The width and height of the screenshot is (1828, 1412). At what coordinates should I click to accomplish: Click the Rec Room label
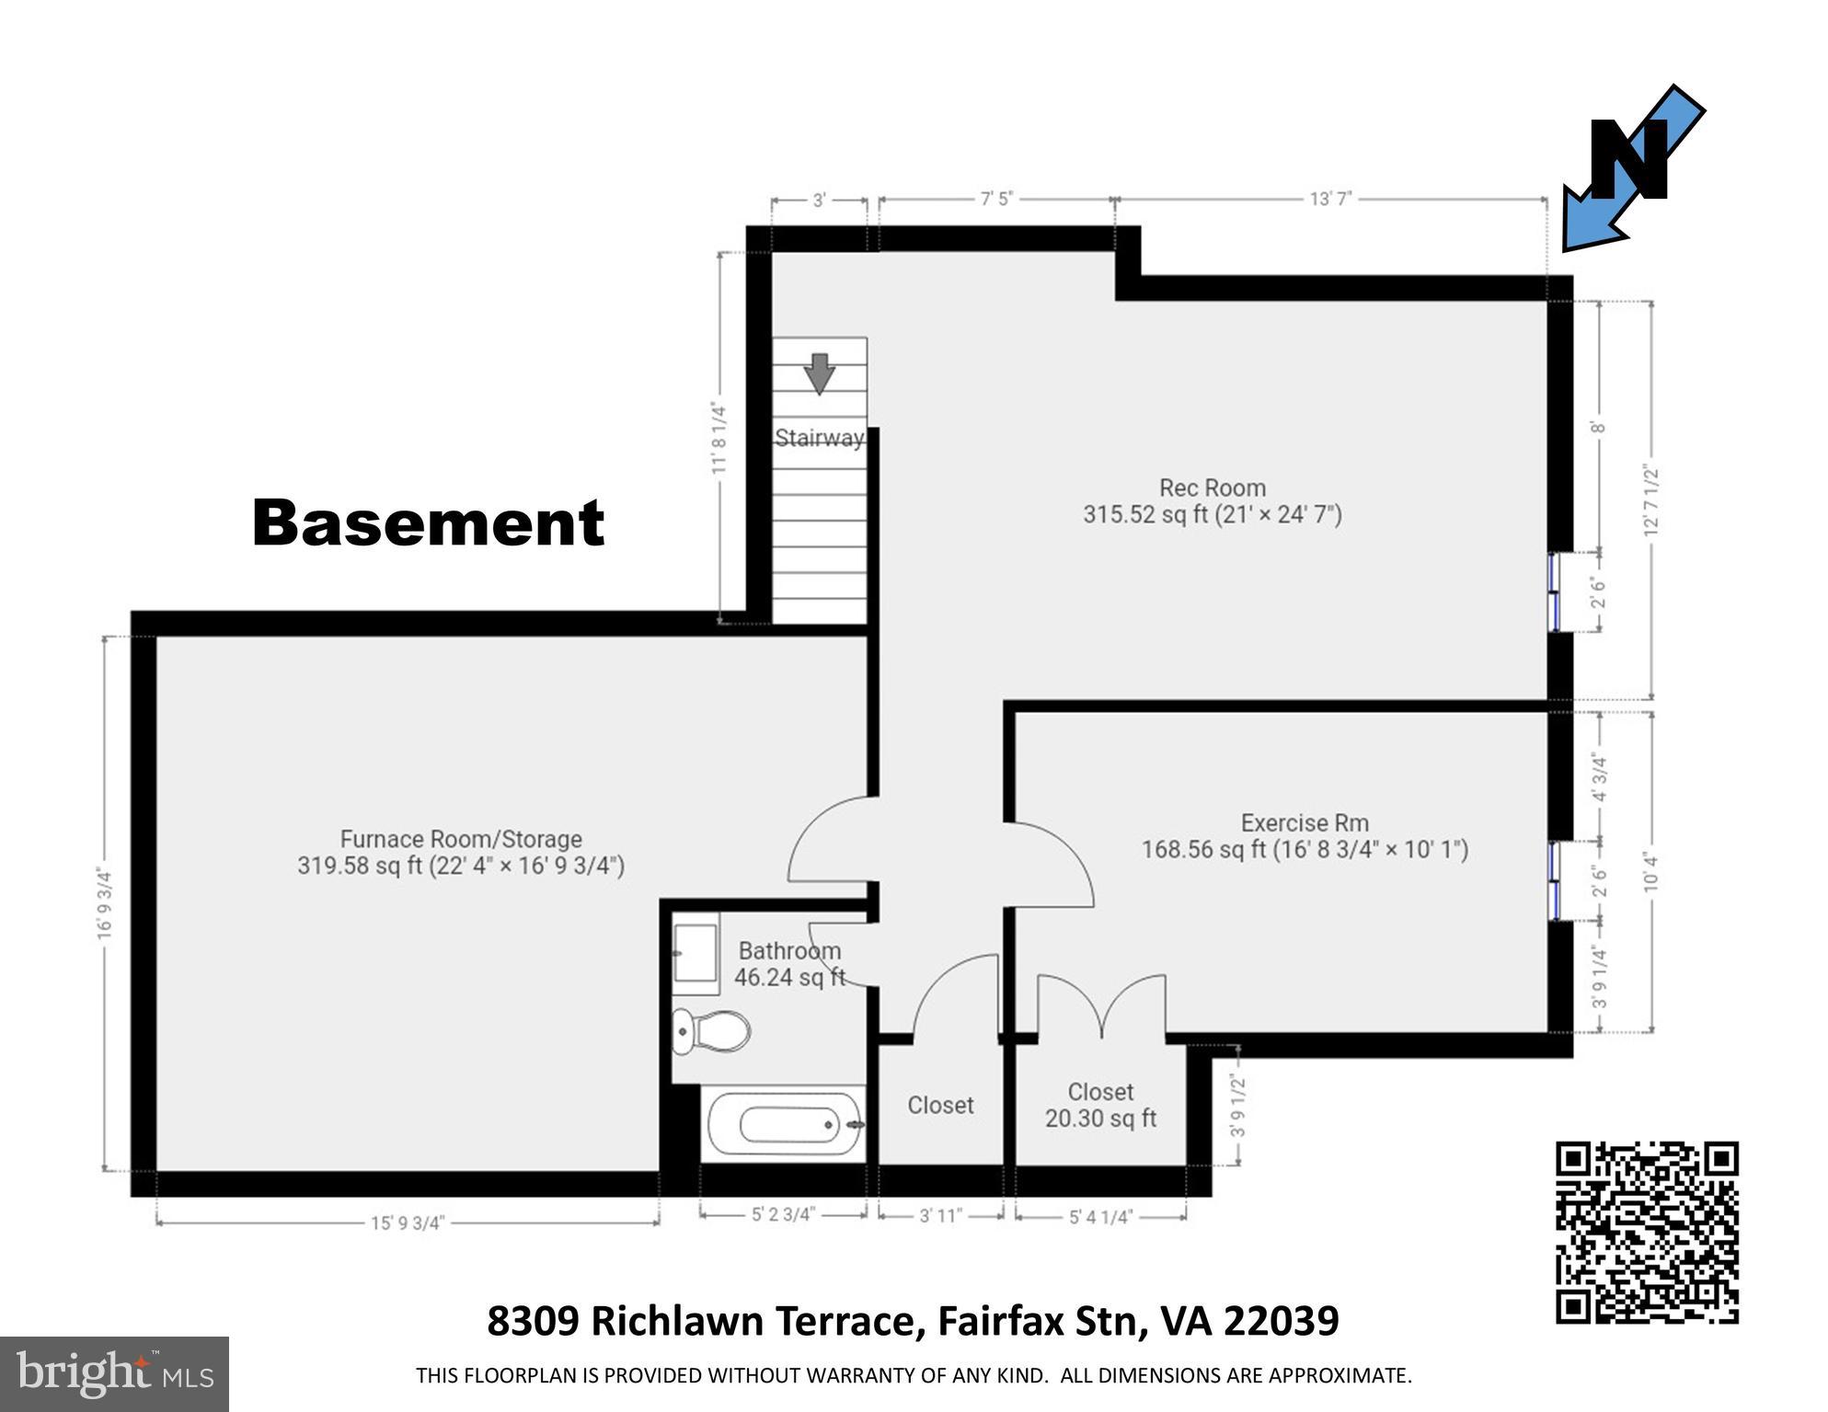(1212, 488)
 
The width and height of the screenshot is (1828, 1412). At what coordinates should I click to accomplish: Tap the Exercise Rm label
(1304, 822)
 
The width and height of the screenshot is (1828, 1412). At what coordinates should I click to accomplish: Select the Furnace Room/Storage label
(461, 839)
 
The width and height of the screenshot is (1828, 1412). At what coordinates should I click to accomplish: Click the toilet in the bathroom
(711, 1031)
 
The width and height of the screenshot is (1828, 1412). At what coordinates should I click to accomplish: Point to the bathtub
(784, 1124)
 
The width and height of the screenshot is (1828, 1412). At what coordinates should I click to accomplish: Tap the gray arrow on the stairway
(819, 373)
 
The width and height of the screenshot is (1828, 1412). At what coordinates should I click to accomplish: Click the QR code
(1647, 1233)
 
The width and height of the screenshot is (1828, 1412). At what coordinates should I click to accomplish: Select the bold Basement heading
(428, 522)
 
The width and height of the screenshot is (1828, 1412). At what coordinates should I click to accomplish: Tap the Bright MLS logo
(114, 1373)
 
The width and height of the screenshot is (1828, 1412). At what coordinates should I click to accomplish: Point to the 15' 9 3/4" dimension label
(408, 1223)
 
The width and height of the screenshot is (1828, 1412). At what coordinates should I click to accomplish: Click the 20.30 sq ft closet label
(1100, 1118)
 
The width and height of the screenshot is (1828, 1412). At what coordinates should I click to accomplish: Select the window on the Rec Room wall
(1554, 591)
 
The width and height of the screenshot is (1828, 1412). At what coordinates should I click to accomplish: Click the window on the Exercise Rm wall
(1554, 880)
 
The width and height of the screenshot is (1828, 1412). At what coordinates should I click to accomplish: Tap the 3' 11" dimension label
(940, 1216)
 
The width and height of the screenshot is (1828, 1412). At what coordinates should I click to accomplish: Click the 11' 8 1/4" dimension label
(719, 440)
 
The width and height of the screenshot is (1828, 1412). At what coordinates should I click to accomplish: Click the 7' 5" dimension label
(995, 199)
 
